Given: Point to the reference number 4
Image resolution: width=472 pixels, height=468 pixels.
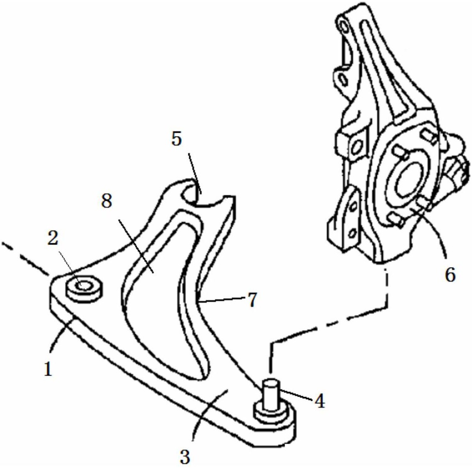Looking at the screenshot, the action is click(x=320, y=401).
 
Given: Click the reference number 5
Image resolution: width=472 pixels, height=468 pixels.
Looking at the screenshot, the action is click(x=177, y=139).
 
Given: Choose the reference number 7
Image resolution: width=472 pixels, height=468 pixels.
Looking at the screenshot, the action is click(x=252, y=300).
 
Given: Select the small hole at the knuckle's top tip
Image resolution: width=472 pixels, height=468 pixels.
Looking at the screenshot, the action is click(x=343, y=27).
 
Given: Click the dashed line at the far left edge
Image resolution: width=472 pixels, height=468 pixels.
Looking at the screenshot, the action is click(x=25, y=258).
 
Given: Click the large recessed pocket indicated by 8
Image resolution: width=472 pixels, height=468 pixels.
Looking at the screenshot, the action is click(x=159, y=289).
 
